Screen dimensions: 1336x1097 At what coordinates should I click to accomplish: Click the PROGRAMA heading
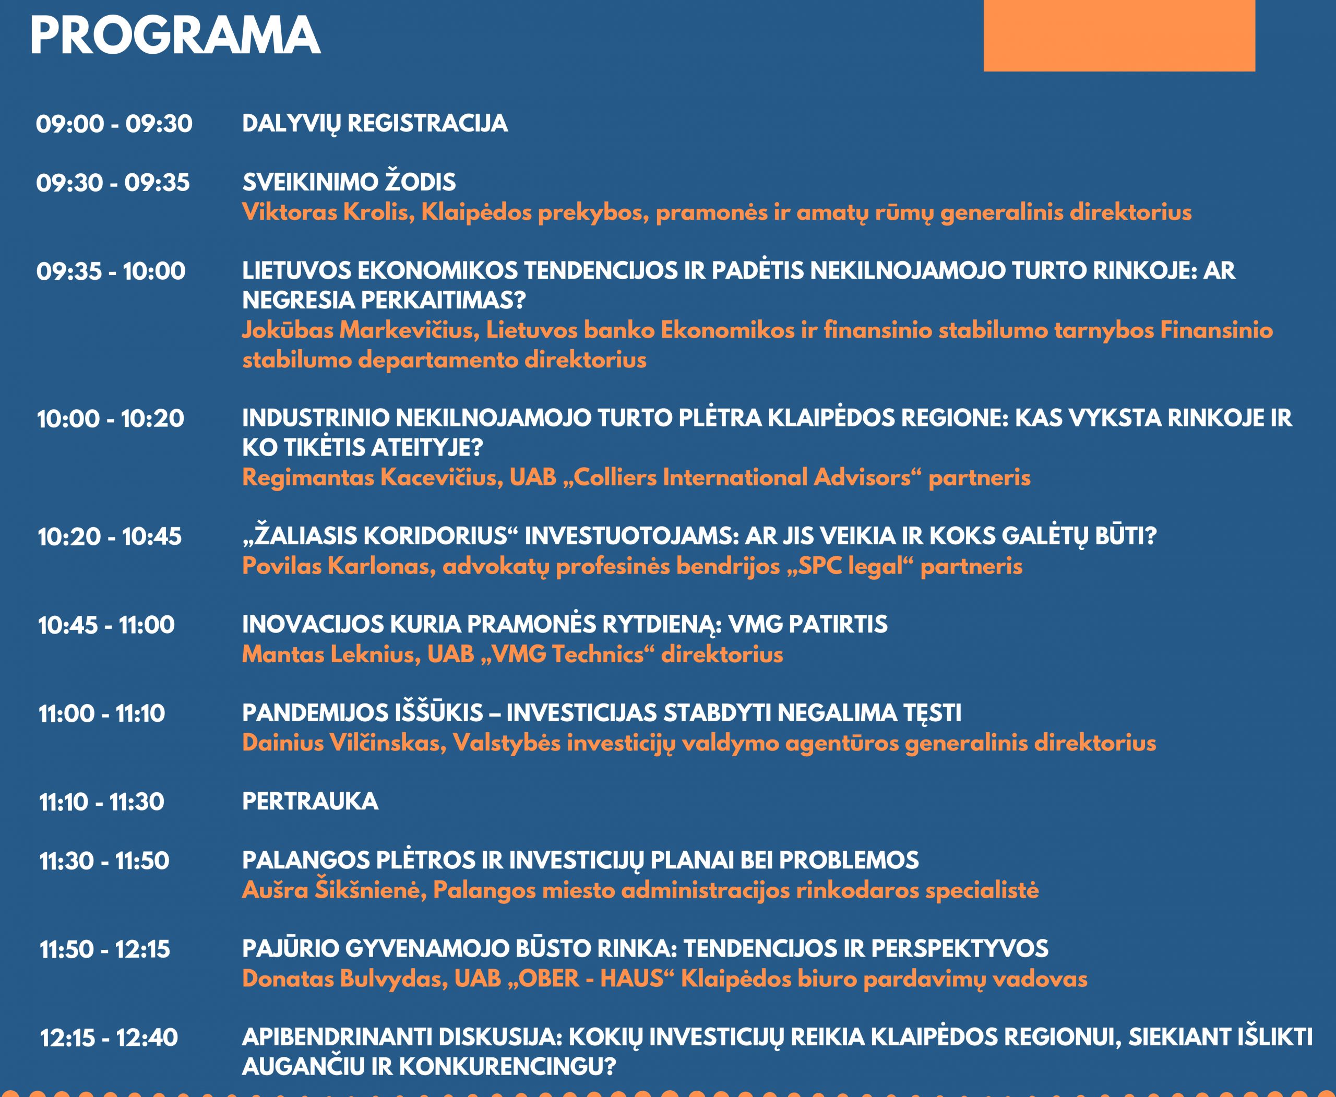(x=175, y=35)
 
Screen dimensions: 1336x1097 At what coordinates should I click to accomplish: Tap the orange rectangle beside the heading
(x=1119, y=35)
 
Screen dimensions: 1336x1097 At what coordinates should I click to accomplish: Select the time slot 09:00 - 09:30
(x=114, y=124)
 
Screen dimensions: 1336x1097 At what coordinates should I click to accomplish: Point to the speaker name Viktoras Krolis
(x=328, y=212)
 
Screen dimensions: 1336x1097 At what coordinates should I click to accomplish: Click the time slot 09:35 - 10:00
(x=111, y=271)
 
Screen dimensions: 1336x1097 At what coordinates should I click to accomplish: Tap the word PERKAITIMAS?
(x=443, y=300)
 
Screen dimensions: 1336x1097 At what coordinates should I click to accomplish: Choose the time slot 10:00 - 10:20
(x=111, y=419)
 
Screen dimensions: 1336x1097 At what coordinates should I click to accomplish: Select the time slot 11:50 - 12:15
(x=105, y=949)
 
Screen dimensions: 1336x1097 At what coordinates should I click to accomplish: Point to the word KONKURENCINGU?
(x=507, y=1067)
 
